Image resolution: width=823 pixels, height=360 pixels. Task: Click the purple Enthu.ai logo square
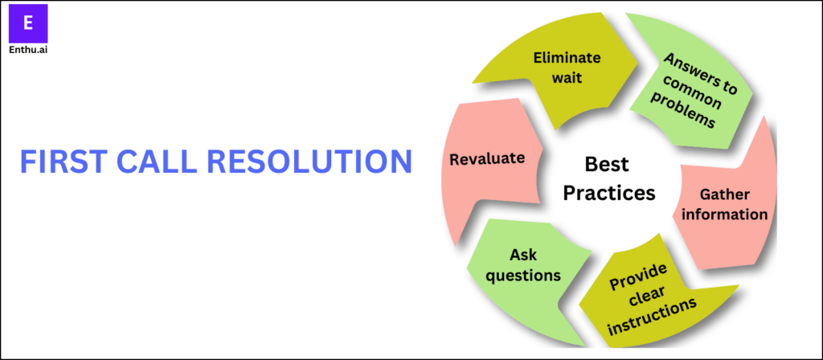(x=28, y=23)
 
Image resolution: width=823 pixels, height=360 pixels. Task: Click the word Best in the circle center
(x=607, y=166)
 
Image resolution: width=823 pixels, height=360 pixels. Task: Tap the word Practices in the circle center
(x=608, y=193)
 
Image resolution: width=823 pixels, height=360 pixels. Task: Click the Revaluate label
(x=487, y=158)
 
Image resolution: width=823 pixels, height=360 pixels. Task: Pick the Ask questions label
(x=523, y=265)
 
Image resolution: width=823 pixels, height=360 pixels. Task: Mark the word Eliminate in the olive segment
(x=567, y=57)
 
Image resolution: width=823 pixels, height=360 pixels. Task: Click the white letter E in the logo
(x=28, y=23)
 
